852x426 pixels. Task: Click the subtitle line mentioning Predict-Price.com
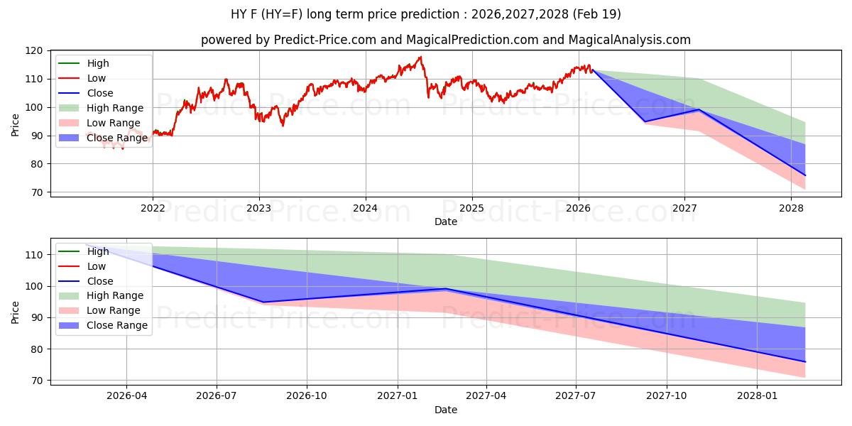tap(445, 40)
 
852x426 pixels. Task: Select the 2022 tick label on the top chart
tap(153, 208)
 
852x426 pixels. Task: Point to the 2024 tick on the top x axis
tap(365, 208)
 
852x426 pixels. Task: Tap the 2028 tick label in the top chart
tap(791, 208)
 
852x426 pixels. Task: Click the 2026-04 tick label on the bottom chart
tap(126, 396)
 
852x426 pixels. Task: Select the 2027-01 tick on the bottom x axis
tap(397, 396)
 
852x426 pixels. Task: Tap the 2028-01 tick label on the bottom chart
tap(758, 396)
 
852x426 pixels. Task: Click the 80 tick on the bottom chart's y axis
tap(38, 349)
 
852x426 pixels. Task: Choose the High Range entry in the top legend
tap(114, 108)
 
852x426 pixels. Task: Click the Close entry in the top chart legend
tap(99, 93)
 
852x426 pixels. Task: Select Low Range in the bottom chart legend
tap(113, 310)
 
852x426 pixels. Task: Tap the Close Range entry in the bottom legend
tap(116, 325)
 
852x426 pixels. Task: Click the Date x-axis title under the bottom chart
tap(445, 410)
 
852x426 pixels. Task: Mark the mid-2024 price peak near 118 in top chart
tap(420, 57)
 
